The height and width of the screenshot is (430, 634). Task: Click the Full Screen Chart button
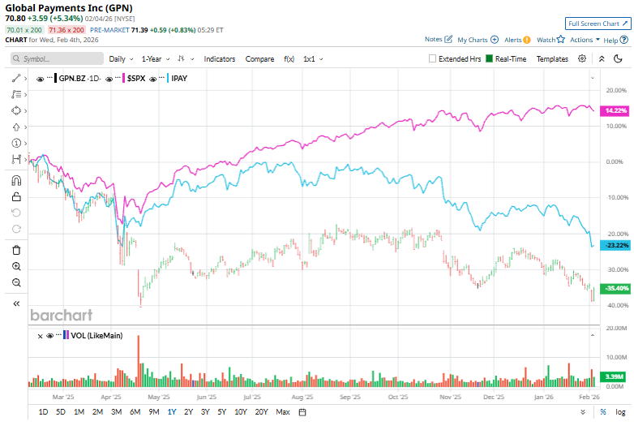(598, 24)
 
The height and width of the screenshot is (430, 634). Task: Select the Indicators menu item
(220, 59)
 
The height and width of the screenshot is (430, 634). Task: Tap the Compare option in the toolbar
(259, 59)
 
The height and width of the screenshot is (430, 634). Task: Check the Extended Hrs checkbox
(433, 59)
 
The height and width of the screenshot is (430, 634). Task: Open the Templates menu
(552, 59)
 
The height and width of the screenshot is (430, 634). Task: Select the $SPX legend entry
(135, 79)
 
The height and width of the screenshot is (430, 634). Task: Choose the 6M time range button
(135, 412)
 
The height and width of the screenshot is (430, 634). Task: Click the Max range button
(283, 412)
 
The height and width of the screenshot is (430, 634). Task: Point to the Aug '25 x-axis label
(302, 398)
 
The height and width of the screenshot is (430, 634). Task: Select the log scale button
(620, 412)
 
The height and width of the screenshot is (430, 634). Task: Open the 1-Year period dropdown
(153, 59)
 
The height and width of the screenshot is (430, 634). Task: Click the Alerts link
(513, 39)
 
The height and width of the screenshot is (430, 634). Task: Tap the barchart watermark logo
(62, 315)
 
